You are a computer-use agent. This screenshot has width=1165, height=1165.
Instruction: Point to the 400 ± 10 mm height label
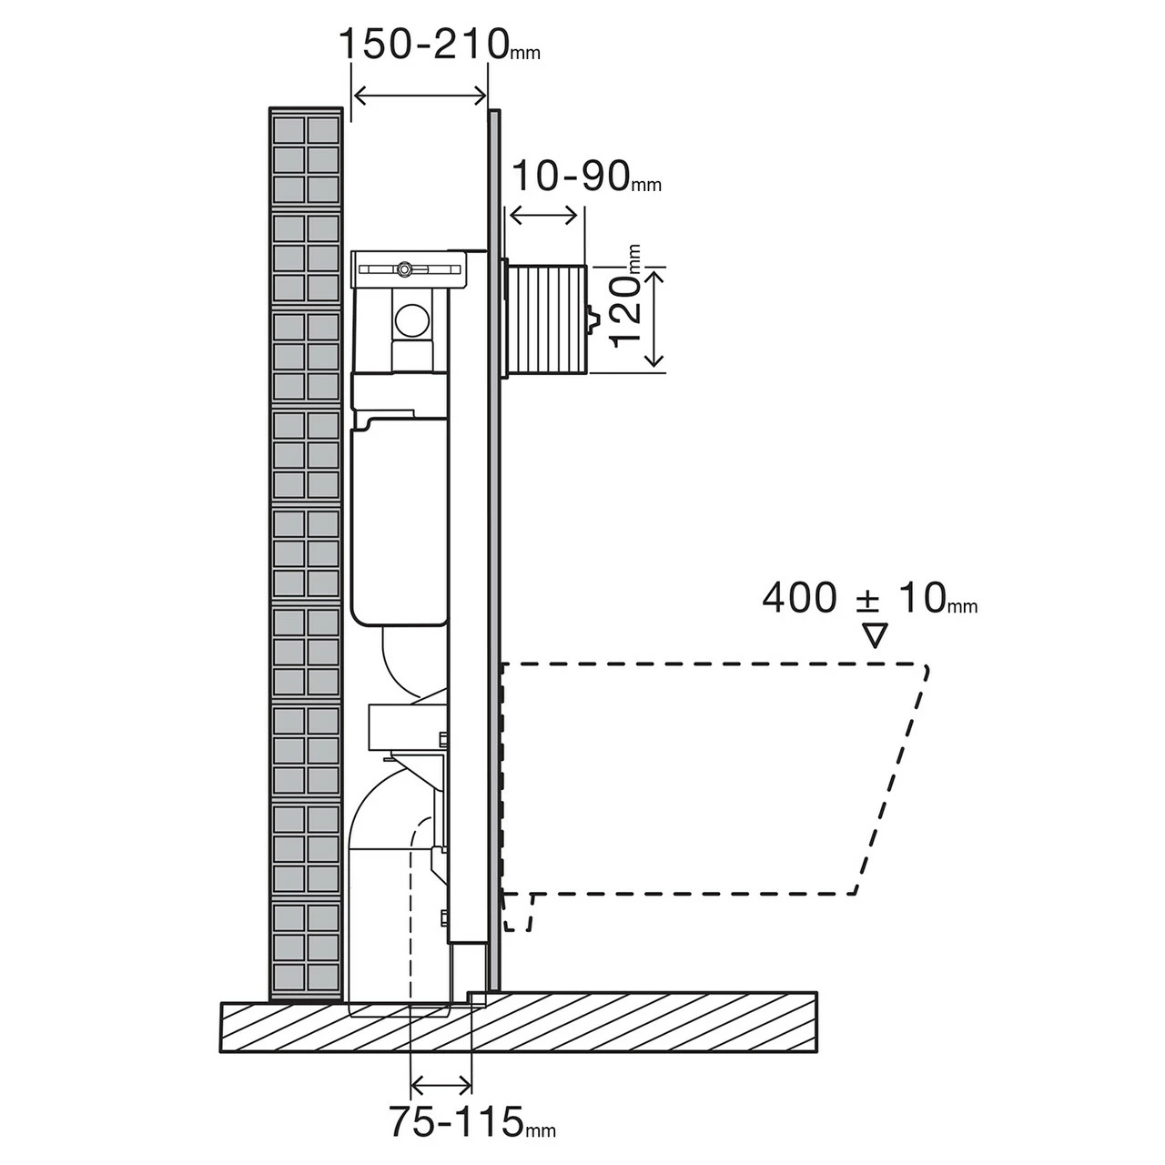pyautogui.click(x=868, y=599)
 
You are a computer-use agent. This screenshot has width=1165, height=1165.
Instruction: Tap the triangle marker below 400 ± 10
pyautogui.click(x=875, y=634)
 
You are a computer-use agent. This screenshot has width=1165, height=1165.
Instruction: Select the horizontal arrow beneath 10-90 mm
pyautogui.click(x=543, y=216)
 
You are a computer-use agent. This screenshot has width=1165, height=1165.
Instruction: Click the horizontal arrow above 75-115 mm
pyautogui.click(x=441, y=1084)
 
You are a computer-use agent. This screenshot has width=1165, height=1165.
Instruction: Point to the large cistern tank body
pyautogui.click(x=396, y=528)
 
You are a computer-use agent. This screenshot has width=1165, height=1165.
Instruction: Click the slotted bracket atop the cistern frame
pyautogui.click(x=409, y=269)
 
